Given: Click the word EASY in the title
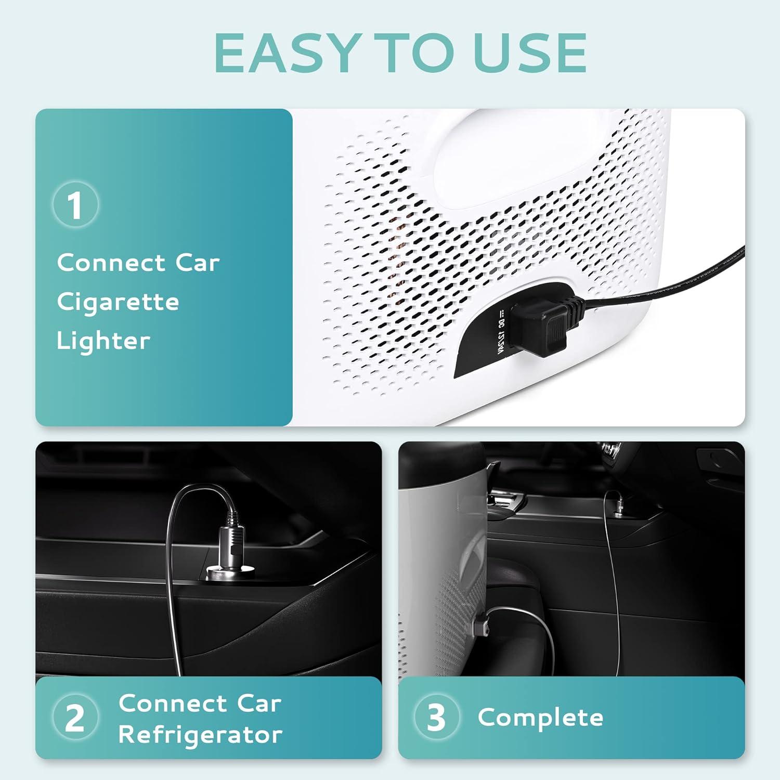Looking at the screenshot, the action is [x=285, y=53].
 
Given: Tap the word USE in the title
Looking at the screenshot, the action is [x=530, y=53].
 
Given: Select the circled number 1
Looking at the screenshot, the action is [x=75, y=204].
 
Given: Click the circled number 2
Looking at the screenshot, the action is [x=75, y=718].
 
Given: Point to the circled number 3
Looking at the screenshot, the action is [x=437, y=718].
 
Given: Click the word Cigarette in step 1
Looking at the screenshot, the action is [x=118, y=302].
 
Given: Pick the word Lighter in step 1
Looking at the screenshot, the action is [x=103, y=341].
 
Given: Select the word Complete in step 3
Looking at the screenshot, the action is [x=541, y=718].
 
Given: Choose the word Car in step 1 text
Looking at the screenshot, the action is [x=197, y=263].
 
